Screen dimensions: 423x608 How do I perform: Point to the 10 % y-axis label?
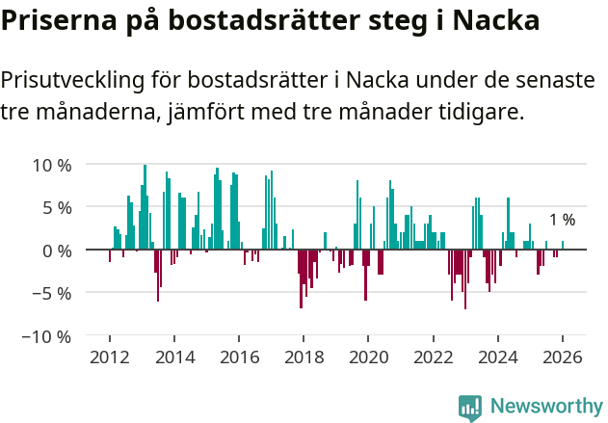click(52, 164)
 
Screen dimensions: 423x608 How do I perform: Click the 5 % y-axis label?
click(57, 207)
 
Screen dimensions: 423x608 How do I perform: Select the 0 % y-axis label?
click(57, 251)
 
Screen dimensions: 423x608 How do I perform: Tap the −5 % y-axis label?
click(51, 294)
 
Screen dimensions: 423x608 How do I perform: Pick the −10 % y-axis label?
click(46, 337)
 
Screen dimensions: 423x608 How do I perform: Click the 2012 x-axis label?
click(109, 357)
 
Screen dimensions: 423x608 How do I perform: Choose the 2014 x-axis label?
click(174, 357)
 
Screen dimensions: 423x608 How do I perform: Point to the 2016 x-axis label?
click(239, 357)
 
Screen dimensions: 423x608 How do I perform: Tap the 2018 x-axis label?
click(304, 357)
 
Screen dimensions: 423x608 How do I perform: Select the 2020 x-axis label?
click(368, 357)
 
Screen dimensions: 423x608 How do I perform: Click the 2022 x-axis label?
click(433, 357)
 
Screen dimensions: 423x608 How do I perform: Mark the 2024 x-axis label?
click(498, 357)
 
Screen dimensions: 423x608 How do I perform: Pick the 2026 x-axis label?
click(563, 357)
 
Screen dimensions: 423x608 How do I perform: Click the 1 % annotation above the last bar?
click(562, 220)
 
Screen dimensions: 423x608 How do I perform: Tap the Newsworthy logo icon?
click(470, 408)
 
